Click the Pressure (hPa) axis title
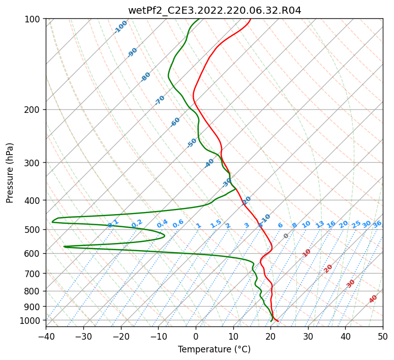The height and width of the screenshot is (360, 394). (10, 173)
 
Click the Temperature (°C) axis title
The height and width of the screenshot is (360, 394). (214, 349)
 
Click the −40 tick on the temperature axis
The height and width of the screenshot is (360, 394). (46, 337)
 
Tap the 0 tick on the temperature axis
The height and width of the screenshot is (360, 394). (196, 337)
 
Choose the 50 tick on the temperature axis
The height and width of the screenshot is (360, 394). (383, 337)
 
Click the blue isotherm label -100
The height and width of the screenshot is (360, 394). (120, 27)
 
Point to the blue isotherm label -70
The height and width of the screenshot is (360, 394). (160, 100)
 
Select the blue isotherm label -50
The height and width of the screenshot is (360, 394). (192, 143)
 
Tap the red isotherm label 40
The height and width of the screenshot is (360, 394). (373, 299)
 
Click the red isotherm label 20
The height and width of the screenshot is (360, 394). (328, 268)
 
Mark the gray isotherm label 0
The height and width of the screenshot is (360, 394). (286, 236)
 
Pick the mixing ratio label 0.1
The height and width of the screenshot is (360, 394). (113, 223)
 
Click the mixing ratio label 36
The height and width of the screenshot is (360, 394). (377, 224)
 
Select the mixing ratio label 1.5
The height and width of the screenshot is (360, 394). (216, 223)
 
